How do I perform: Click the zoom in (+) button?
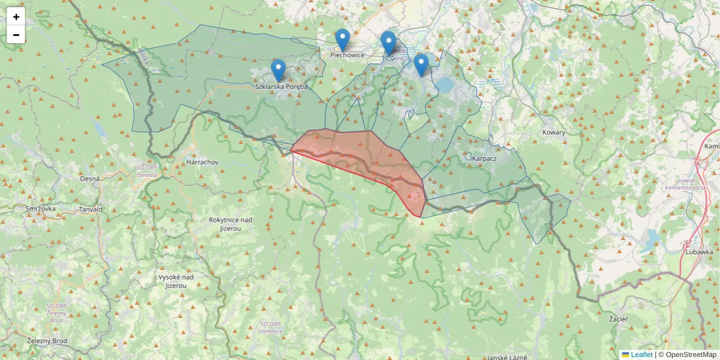tap(16, 17)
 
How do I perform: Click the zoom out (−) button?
tap(16, 35)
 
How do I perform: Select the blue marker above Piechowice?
tap(343, 40)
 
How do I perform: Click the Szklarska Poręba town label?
tap(281, 86)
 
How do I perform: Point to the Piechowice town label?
tap(347, 55)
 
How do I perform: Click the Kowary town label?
tap(553, 133)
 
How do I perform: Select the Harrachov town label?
tap(202, 162)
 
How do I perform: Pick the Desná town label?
tap(89, 179)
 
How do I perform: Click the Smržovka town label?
tap(40, 209)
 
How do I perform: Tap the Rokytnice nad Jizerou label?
tap(230, 224)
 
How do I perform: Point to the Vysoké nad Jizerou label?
tap(176, 281)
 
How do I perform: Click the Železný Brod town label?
tap(47, 341)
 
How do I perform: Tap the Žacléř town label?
tap(618, 319)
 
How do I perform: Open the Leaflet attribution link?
tap(641, 355)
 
